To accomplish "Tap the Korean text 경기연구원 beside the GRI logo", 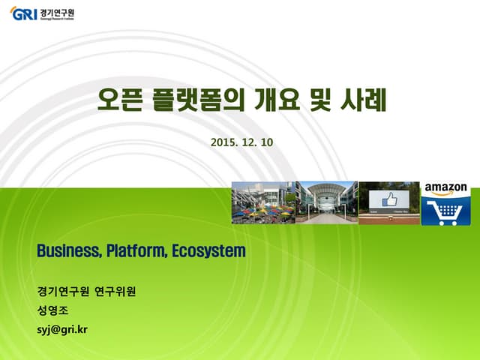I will (58, 13).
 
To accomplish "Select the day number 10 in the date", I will (267, 141).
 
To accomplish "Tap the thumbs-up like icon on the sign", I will (388, 201).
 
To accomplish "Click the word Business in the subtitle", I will (68, 250).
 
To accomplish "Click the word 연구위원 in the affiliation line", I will (117, 290).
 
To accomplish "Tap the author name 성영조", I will (52, 309).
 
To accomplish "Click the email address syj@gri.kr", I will (62, 328).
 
